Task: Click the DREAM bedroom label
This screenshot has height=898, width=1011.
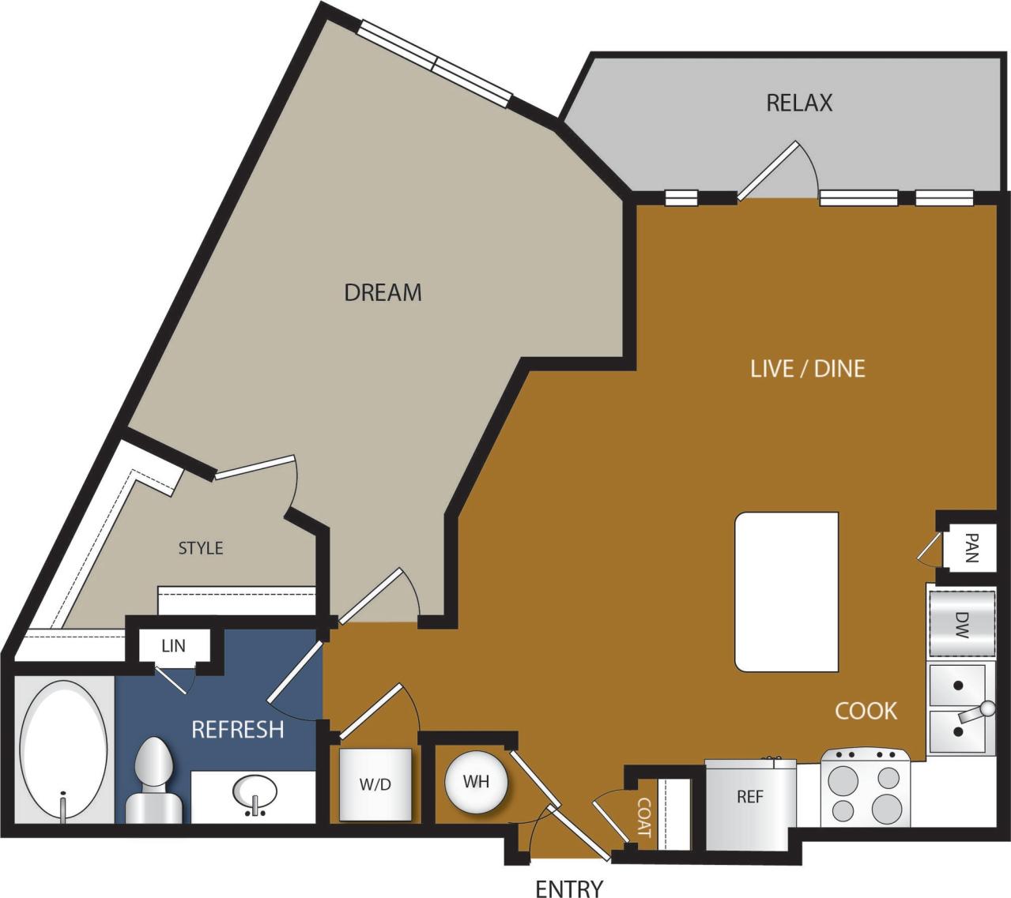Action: point(383,292)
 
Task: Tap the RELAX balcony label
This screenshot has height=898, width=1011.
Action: point(799,103)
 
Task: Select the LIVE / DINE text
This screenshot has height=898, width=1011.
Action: point(807,368)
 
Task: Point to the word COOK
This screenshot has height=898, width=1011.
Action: point(866,711)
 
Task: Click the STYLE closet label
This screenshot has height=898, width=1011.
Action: point(200,548)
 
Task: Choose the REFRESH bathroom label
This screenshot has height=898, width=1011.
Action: point(237,729)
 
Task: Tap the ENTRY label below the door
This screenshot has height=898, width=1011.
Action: point(568,889)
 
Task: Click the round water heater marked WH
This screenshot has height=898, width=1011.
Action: point(476,782)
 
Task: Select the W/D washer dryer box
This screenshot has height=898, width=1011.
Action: point(375,784)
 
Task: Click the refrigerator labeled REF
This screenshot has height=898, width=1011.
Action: point(749,796)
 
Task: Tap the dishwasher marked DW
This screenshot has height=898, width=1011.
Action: point(961,623)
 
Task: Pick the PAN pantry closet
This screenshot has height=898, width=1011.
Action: point(971,547)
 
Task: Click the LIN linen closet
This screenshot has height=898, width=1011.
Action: point(173,645)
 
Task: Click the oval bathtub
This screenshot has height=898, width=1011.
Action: point(63,751)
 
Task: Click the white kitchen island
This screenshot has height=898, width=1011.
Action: point(787,592)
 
